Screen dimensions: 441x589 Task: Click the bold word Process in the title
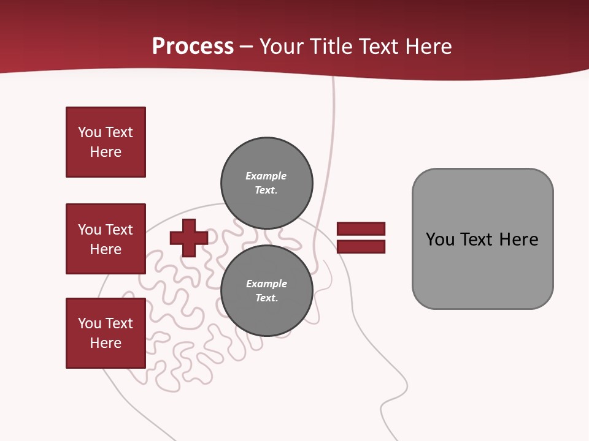(193, 46)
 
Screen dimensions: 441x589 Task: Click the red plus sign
(188, 238)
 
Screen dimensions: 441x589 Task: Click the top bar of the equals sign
(361, 228)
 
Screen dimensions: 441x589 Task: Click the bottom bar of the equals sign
(361, 247)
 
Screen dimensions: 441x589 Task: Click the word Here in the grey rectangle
(518, 239)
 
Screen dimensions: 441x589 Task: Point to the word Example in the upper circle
(266, 176)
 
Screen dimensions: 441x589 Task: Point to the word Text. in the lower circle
(266, 298)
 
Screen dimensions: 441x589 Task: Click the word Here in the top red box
(106, 152)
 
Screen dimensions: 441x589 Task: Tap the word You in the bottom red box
(90, 323)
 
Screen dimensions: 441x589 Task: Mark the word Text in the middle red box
(118, 230)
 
